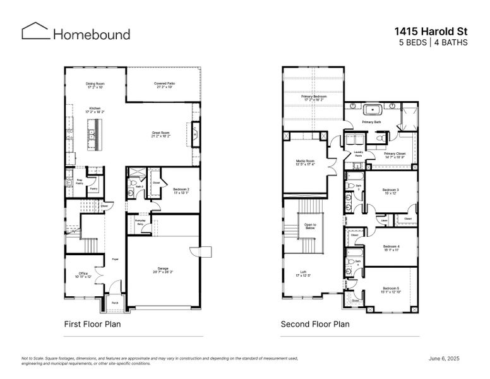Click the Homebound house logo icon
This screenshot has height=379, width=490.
[35, 32]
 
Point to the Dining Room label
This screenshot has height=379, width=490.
[95, 85]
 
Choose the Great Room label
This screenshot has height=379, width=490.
[160, 134]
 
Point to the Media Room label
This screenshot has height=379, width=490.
[306, 162]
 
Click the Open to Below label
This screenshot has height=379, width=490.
[309, 226]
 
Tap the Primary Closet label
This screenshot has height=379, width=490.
[394, 155]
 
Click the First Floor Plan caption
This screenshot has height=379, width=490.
[92, 324]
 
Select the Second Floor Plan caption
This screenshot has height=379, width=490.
[315, 324]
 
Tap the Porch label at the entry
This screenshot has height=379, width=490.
[115, 303]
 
